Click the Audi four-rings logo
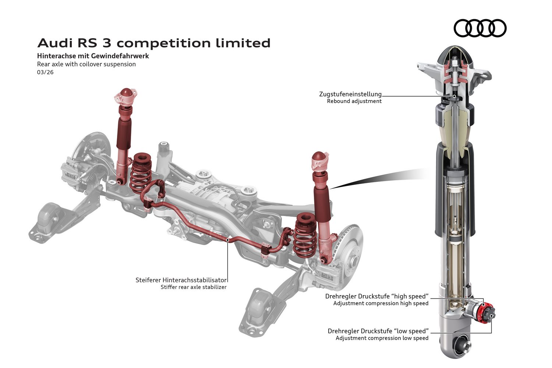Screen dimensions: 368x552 pyautogui.click(x=480, y=28)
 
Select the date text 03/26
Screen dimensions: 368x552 pyautogui.click(x=45, y=72)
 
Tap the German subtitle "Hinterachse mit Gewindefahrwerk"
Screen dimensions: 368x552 pyautogui.click(x=93, y=56)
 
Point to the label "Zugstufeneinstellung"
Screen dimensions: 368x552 pyautogui.click(x=350, y=94)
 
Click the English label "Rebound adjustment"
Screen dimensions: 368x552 pyautogui.click(x=354, y=101)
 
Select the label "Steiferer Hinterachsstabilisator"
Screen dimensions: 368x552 pyautogui.click(x=181, y=280)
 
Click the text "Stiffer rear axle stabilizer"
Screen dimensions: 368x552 pyautogui.click(x=194, y=287)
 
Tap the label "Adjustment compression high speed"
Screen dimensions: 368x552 pyautogui.click(x=381, y=304)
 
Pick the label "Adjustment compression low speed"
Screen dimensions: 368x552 pyautogui.click(x=382, y=338)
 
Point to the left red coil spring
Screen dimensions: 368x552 pyautogui.click(x=141, y=172)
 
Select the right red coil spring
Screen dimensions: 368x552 pyautogui.click(x=305, y=236)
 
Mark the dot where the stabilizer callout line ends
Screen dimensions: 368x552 pyautogui.click(x=228, y=240)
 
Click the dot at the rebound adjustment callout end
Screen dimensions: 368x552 pyautogui.click(x=454, y=96)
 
